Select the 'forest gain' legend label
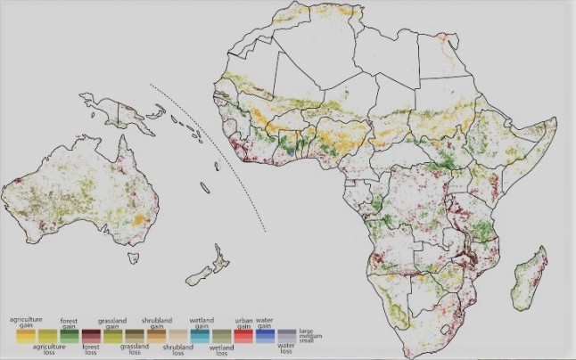68,323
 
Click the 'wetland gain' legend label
201,323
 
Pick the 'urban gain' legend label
243,323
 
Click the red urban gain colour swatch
243,336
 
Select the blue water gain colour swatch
264,336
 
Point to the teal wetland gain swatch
201,336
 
